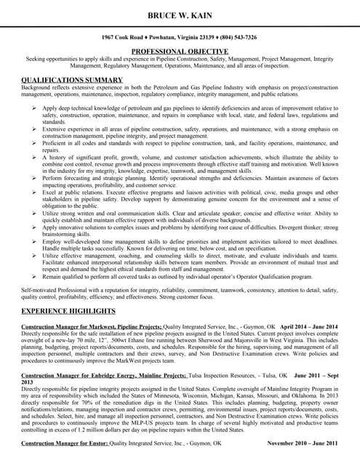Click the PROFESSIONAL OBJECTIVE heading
click(x=180, y=50)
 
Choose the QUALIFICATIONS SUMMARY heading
click(x=72, y=79)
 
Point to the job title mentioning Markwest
click(x=92, y=327)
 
